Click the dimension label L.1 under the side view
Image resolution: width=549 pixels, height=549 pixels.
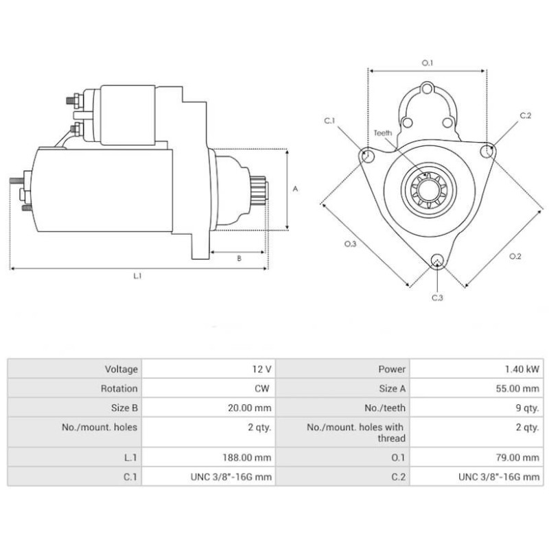tap(137, 276)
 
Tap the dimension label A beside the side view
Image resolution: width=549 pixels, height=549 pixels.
tap(295, 189)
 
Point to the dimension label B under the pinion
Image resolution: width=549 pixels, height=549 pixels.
tap(239, 259)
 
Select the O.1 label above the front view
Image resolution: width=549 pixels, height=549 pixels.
tap(427, 63)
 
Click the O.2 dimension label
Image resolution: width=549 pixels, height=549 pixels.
tap(515, 256)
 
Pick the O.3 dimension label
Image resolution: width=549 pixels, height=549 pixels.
tap(350, 244)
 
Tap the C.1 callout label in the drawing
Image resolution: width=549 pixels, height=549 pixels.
tap(329, 121)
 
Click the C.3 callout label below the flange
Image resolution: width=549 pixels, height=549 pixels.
tap(437, 298)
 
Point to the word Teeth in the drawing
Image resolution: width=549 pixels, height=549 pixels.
tap(383, 133)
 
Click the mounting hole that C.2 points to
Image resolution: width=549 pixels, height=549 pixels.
tap(487, 152)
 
